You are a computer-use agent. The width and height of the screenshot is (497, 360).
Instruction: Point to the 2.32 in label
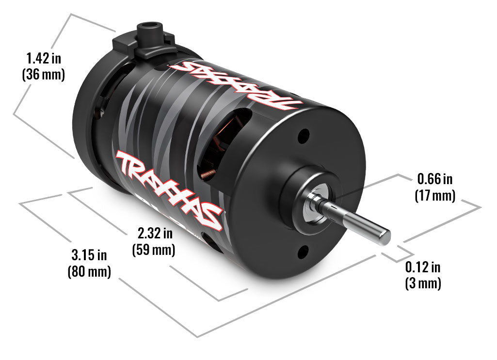pos(154,234)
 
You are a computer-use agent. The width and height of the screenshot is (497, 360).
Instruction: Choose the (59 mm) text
pos(154,250)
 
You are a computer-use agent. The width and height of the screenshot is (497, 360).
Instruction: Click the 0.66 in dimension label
pos(434,180)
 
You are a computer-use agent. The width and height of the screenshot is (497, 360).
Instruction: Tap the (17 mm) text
pos(434,196)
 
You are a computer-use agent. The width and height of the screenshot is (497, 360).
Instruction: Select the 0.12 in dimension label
pos(423,267)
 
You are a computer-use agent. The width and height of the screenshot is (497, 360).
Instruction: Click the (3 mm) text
pos(423,283)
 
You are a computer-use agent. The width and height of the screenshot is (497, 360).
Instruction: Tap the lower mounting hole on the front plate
pos(303,251)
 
